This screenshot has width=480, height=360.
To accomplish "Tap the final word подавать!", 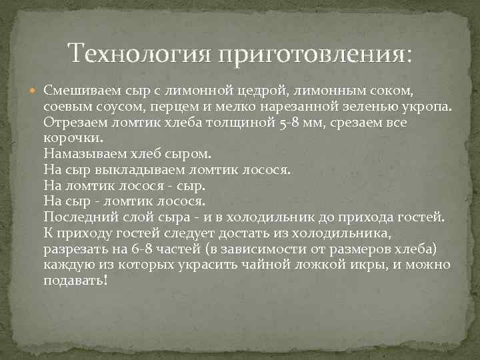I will coord(75,281).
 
